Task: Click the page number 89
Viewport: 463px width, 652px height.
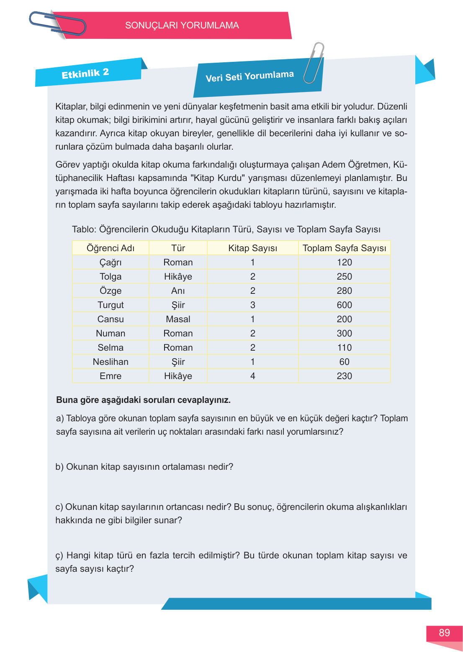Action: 444,633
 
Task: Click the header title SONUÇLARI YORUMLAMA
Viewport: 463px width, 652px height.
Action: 182,25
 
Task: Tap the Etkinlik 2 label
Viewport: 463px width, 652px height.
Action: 85,74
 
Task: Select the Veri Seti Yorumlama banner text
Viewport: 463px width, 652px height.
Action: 250,76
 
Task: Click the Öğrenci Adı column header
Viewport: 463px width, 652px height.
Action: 111,248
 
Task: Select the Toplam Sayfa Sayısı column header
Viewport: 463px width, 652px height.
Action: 344,248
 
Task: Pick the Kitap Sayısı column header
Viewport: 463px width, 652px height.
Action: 252,248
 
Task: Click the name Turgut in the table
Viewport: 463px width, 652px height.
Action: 111,305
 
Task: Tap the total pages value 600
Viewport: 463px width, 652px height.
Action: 344,305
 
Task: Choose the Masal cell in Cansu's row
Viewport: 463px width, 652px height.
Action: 178,319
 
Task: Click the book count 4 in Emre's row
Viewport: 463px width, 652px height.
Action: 252,376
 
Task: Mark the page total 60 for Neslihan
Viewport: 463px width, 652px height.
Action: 344,362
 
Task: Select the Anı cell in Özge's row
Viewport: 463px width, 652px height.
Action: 178,291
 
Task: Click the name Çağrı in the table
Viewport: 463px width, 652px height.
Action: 111,262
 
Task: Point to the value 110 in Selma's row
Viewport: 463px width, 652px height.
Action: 344,348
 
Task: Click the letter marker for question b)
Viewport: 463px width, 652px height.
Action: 59,467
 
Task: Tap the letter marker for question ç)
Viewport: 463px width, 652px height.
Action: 59,556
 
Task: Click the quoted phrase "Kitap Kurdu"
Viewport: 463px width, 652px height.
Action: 217,178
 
